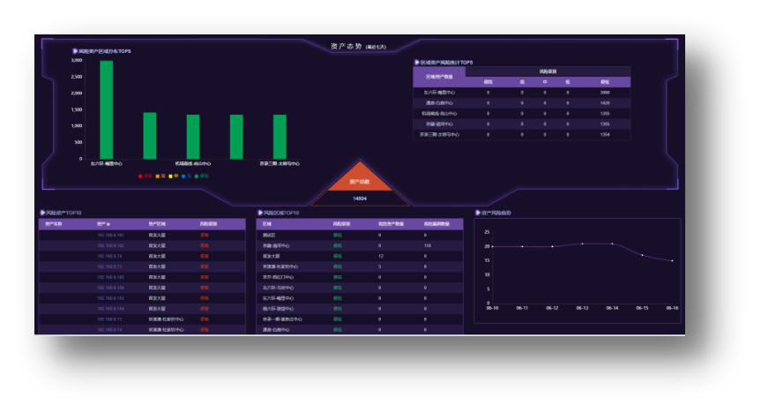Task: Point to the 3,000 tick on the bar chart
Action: pyautogui.click(x=77, y=61)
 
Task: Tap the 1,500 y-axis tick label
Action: pyautogui.click(x=77, y=110)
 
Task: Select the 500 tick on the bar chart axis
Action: pyautogui.click(x=78, y=142)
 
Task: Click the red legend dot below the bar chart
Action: pyautogui.click(x=140, y=176)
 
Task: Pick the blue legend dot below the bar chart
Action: pyautogui.click(x=184, y=176)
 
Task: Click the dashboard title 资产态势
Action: pyautogui.click(x=347, y=46)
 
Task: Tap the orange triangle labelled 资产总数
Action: pyautogui.click(x=360, y=181)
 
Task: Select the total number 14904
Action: pyautogui.click(x=360, y=199)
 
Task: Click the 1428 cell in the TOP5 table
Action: pyautogui.click(x=604, y=102)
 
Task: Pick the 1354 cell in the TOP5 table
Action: pyautogui.click(x=604, y=134)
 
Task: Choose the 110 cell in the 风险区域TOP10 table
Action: pyautogui.click(x=426, y=245)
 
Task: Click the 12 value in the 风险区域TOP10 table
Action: pyautogui.click(x=380, y=256)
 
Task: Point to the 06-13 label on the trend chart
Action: pyautogui.click(x=582, y=308)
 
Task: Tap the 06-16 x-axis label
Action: pyautogui.click(x=672, y=308)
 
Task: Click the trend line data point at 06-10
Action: pyautogui.click(x=492, y=246)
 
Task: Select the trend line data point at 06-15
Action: pyautogui.click(x=642, y=255)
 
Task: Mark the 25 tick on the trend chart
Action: pyautogui.click(x=488, y=232)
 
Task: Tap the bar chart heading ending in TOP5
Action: pyautogui.click(x=104, y=51)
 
